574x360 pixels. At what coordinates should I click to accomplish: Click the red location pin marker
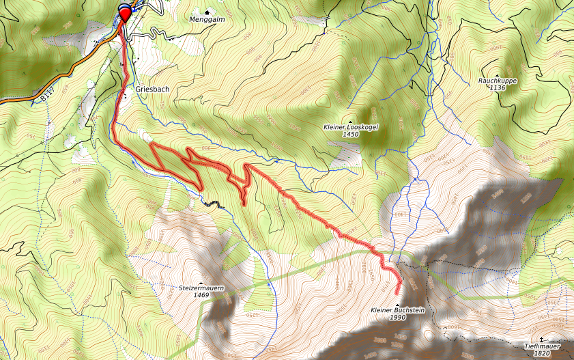click(x=124, y=13)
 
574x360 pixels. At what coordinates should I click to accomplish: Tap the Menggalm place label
click(x=207, y=20)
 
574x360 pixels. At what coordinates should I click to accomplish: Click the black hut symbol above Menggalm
click(x=207, y=12)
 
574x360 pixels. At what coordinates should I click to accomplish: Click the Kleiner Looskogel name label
click(x=350, y=127)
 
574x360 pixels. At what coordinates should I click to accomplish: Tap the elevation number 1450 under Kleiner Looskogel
click(x=351, y=135)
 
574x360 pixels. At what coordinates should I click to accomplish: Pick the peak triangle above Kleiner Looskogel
click(x=351, y=120)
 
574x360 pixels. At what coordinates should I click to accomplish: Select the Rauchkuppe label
click(x=497, y=81)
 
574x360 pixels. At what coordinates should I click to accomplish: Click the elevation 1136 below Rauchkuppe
click(x=498, y=88)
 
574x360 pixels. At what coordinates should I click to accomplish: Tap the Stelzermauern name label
click(x=201, y=288)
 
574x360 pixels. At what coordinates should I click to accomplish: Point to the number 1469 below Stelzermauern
click(x=201, y=296)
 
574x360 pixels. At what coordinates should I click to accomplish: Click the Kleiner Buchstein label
click(x=398, y=310)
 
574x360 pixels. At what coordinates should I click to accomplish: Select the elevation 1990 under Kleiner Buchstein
click(x=398, y=318)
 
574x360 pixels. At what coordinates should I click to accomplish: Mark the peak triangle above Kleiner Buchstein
click(x=398, y=303)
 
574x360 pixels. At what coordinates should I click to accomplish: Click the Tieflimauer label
click(x=542, y=346)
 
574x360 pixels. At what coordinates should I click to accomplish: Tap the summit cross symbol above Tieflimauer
click(x=542, y=339)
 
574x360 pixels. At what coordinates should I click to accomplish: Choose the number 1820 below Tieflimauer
click(x=542, y=354)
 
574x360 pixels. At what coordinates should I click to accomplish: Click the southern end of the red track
click(x=398, y=294)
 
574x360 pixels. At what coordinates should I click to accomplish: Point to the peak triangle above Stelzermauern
click(x=201, y=281)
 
